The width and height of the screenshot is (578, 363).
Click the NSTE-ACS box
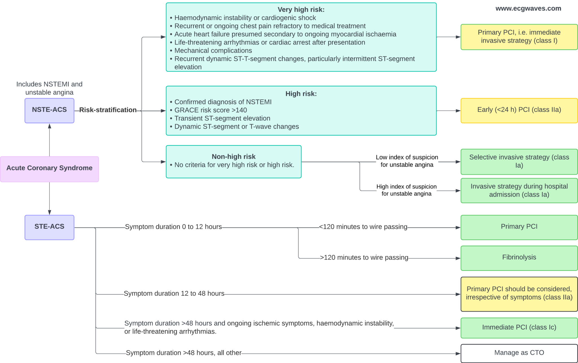49,110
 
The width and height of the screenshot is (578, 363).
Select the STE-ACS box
49,227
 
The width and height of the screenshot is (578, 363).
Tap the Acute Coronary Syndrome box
49,169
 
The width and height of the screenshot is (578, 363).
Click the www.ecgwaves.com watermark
528,8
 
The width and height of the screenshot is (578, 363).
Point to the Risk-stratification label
108,110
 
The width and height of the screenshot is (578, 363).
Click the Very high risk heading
301,10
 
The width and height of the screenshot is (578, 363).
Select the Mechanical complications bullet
213,51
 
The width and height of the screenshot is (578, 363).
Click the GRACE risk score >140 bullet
211,110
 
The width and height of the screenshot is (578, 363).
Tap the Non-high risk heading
233,156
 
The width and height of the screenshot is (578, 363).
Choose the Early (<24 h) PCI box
519,110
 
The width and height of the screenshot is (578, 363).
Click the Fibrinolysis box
519,258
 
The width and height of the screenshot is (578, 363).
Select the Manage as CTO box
519,353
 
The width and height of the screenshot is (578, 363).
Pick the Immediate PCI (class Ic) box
519,328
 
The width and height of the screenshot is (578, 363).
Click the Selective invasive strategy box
519,162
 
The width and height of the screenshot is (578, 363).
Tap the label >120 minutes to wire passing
364,258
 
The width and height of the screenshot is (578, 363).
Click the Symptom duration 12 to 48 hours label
174,294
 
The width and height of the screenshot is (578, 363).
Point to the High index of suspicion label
406,190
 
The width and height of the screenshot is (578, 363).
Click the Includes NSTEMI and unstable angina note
49,88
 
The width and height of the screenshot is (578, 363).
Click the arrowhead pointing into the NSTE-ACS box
50,126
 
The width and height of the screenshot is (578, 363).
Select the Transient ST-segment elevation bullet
222,118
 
